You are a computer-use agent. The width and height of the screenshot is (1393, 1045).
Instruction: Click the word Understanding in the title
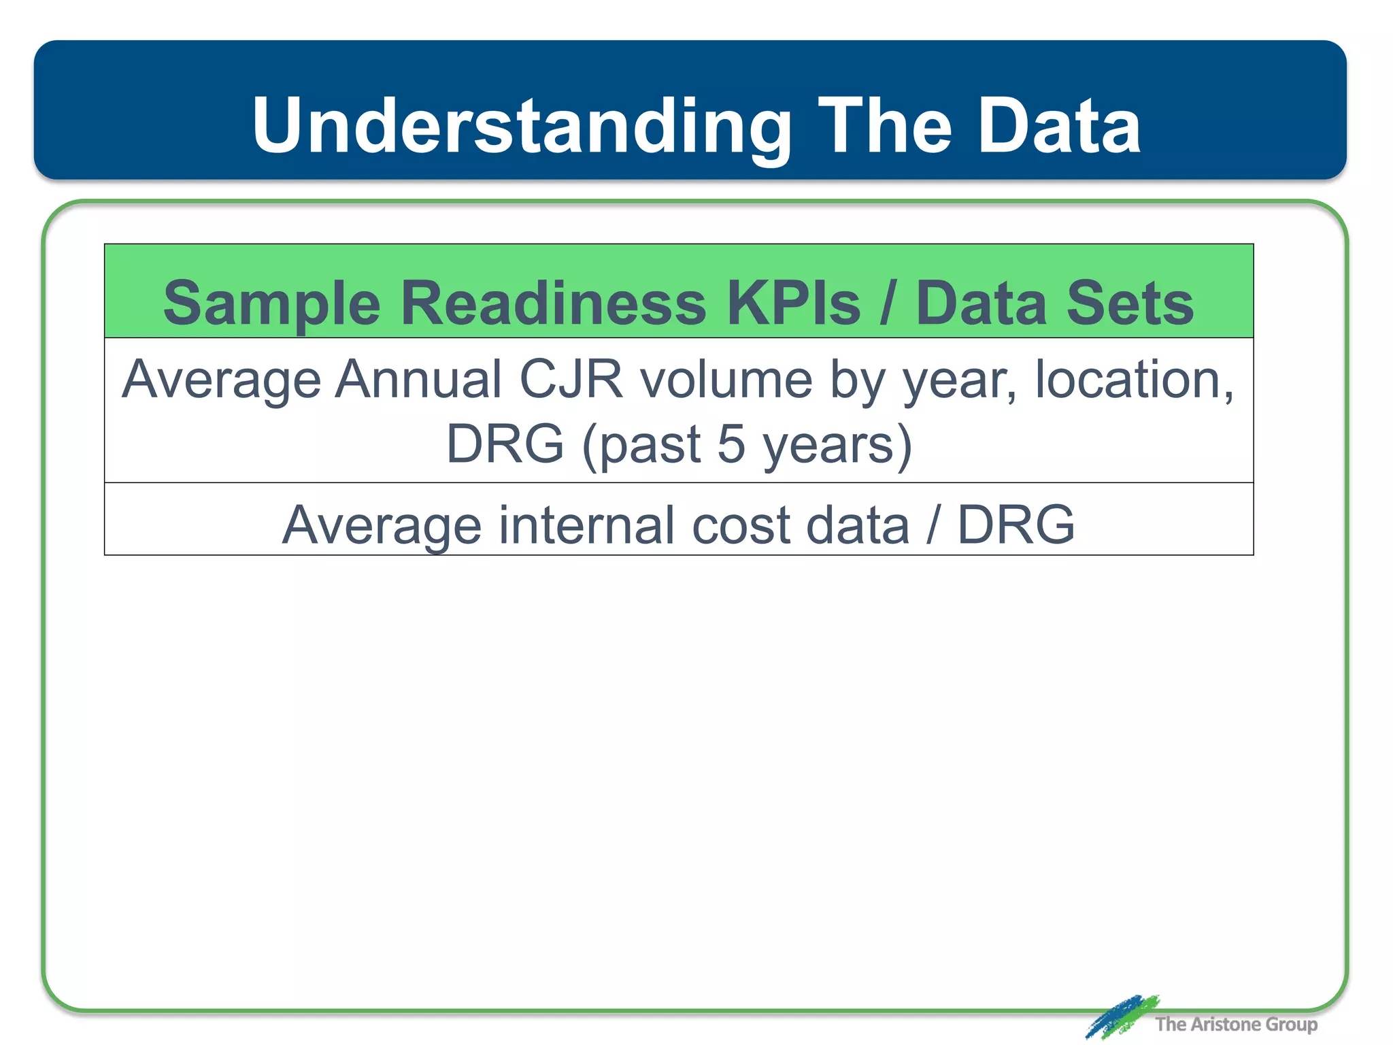click(521, 127)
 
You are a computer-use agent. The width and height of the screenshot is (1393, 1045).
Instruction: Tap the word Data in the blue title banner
click(1059, 127)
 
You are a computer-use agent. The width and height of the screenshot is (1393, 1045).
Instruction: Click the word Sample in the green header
click(271, 304)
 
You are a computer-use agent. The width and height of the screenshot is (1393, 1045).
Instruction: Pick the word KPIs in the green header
click(793, 303)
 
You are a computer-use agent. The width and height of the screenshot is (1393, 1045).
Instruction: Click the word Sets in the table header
click(1130, 303)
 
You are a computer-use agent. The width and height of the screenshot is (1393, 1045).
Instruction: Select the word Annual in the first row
click(418, 379)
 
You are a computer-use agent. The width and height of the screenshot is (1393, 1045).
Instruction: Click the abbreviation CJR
click(571, 379)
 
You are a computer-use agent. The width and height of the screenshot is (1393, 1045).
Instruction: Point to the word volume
click(726, 379)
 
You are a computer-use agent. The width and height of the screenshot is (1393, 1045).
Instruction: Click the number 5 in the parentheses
click(731, 444)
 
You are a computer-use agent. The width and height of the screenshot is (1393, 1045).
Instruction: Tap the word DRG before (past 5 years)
click(505, 444)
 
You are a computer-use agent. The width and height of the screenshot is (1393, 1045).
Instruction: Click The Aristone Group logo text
click(1235, 1024)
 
